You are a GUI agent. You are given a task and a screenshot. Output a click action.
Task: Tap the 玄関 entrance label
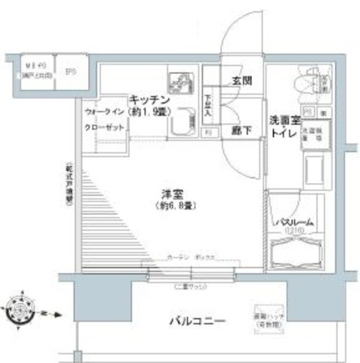(x=241, y=81)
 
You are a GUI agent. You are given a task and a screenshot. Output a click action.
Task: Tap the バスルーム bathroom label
(x=293, y=222)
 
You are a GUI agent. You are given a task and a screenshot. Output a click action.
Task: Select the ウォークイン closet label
(x=105, y=112)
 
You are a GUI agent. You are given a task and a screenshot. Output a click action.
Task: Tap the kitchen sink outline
(x=181, y=124)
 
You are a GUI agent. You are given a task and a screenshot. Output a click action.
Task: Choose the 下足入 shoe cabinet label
(x=208, y=105)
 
